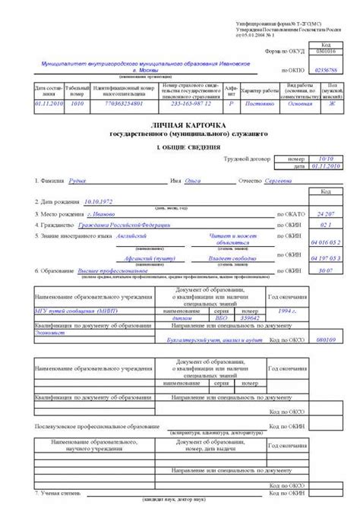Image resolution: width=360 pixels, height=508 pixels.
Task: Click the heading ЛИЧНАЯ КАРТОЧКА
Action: (181, 124)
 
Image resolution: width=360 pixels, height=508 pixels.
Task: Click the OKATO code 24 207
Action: (325, 215)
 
